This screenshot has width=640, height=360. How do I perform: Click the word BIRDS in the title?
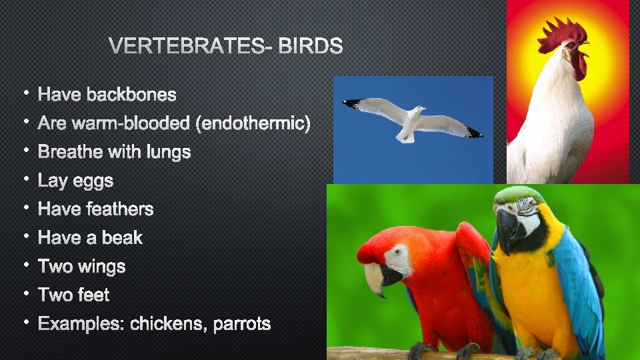point(311,46)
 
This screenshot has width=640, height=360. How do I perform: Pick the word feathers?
point(119,209)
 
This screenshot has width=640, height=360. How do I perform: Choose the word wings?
point(101,267)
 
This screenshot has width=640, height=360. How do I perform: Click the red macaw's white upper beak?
point(373,273)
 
